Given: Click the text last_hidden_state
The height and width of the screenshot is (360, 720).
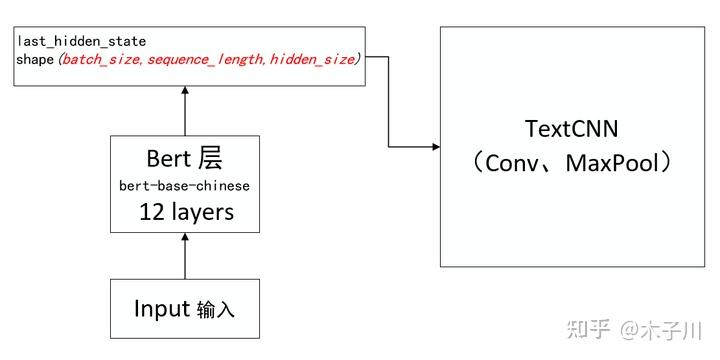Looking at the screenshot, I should click(81, 41).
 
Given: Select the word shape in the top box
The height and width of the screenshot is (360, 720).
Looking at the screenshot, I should click(35, 59).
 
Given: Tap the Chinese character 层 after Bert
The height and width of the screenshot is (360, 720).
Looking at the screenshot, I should click(209, 158).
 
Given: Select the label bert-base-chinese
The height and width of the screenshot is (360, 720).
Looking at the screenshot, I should click(184, 186).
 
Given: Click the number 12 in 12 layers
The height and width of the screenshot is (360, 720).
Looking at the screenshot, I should click(151, 212).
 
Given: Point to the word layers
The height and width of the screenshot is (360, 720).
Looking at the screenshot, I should click(200, 212).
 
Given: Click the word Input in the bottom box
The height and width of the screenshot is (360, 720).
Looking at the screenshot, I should click(161, 308).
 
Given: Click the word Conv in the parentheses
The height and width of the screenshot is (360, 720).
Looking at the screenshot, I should click(514, 163).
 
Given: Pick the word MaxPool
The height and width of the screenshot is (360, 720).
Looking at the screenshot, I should click(611, 163).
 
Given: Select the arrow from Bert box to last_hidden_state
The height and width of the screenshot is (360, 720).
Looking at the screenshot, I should click(184, 110).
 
